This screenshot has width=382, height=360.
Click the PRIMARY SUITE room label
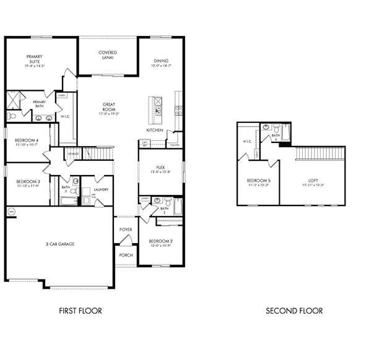[34, 60]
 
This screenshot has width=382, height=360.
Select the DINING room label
[161, 61]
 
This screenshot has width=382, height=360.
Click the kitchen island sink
[158, 110]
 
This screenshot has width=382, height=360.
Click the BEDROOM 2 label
[160, 242]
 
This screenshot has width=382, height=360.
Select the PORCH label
[126, 254]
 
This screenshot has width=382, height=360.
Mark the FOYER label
[126, 229]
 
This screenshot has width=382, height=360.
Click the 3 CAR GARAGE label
[59, 244]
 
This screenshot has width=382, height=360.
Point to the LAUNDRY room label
[102, 190]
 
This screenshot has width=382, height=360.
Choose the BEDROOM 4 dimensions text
[28, 145]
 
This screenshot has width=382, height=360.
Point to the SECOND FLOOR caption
[294, 311]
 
